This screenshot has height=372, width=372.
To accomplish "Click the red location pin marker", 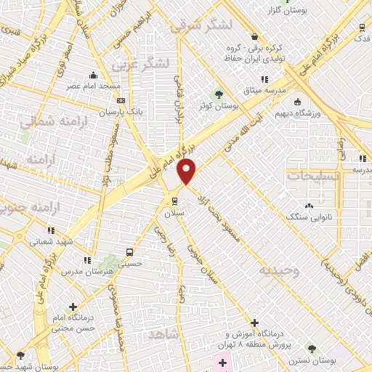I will [x=187, y=171].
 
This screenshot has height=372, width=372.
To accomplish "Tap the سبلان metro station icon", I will [x=174, y=201].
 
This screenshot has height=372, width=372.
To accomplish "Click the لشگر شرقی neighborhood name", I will [x=201, y=25].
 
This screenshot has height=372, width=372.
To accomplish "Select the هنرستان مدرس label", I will [x=86, y=271].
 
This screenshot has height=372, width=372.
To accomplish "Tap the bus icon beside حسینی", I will [x=129, y=252].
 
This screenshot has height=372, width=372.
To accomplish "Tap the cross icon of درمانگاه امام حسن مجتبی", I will [x=72, y=307].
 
